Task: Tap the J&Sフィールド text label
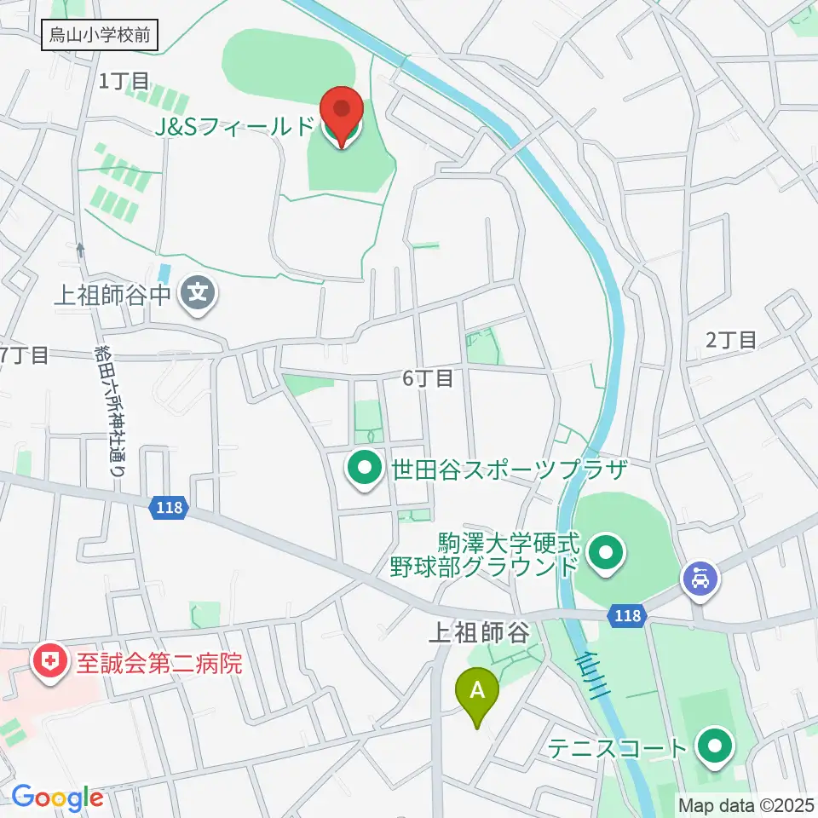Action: coord(235,128)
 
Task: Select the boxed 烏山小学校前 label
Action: coord(100,37)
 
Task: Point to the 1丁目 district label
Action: coord(124,82)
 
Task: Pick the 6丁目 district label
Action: coord(428,377)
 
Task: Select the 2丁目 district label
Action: coord(731,339)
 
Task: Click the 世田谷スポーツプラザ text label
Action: coord(509,469)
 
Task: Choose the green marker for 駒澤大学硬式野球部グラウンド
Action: coord(606,554)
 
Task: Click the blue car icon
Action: coord(700,580)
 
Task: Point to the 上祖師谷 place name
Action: coord(479,632)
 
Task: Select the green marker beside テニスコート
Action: coord(714,747)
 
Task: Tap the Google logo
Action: coord(58,798)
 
